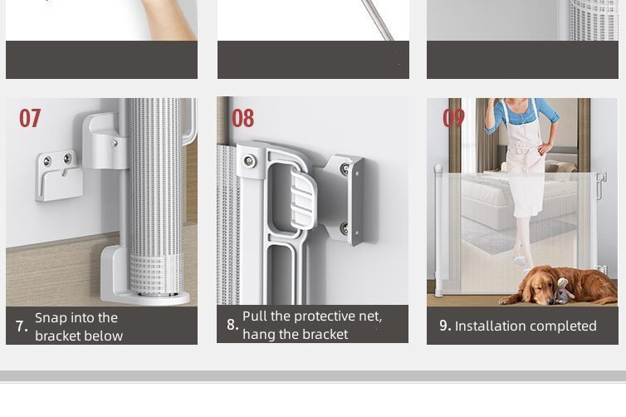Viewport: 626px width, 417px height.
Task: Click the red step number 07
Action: pos(30,118)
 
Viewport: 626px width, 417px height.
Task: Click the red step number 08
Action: pos(242,118)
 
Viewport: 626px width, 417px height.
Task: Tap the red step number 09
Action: pos(453,118)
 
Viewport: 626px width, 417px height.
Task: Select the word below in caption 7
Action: pos(105,336)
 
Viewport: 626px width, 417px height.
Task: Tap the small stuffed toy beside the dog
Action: pos(564,291)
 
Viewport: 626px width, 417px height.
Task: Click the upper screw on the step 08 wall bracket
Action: pos(345,169)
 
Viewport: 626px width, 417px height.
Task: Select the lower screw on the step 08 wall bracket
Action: pos(345,229)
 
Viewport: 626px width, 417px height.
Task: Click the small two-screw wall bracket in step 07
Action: pos(59,175)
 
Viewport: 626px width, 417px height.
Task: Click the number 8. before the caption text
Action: pos(232,325)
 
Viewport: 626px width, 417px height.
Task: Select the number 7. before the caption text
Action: pos(22,326)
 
